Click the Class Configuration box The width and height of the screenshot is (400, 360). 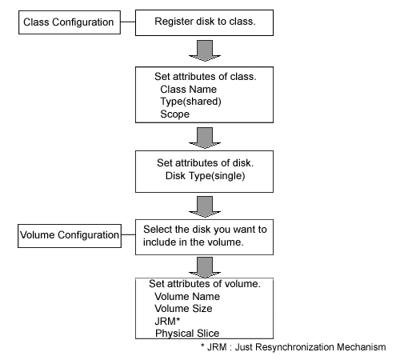(70, 22)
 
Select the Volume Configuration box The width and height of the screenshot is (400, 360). (70, 236)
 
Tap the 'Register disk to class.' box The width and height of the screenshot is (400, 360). (204, 23)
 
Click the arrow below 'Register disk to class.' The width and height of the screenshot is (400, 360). (205, 50)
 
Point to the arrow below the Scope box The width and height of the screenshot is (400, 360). (205, 138)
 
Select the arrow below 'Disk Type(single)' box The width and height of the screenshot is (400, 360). (205, 206)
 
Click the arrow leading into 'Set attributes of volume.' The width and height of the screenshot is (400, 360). (205, 267)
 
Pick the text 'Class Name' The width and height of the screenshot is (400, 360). (188, 90)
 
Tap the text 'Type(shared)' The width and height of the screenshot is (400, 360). (190, 102)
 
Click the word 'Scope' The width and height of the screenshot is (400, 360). (175, 114)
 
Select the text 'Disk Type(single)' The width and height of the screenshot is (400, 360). (205, 176)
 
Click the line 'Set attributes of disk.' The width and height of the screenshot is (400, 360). (205, 163)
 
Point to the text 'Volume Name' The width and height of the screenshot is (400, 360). (187, 296)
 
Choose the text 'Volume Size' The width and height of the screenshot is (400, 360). (183, 309)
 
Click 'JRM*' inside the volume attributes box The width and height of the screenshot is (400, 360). (167, 322)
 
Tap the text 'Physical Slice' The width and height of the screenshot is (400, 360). (187, 334)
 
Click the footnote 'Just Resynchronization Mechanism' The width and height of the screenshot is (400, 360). (310, 347)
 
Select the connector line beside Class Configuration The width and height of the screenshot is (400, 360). (128, 22)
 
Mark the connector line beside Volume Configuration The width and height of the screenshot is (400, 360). (128, 235)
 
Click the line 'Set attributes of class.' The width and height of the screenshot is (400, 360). (206, 77)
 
